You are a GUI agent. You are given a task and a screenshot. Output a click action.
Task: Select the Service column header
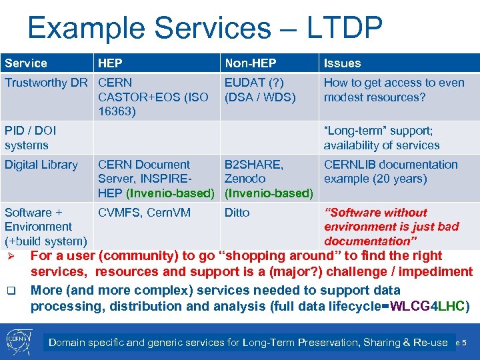26,63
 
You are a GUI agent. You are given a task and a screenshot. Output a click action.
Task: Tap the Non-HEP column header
250,63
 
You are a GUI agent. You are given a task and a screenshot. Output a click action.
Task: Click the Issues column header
342,63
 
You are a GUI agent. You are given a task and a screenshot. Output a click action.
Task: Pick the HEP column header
110,63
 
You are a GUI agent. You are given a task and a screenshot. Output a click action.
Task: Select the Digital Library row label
41,165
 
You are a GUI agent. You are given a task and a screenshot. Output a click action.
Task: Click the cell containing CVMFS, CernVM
144,213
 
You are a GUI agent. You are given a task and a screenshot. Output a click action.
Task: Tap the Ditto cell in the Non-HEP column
237,213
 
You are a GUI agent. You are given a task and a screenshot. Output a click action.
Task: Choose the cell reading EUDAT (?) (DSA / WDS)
260,90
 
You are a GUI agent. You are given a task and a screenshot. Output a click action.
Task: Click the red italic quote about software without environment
391,227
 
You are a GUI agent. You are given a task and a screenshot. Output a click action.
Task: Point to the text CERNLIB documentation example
390,171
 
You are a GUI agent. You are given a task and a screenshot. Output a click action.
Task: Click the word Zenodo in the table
245,179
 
